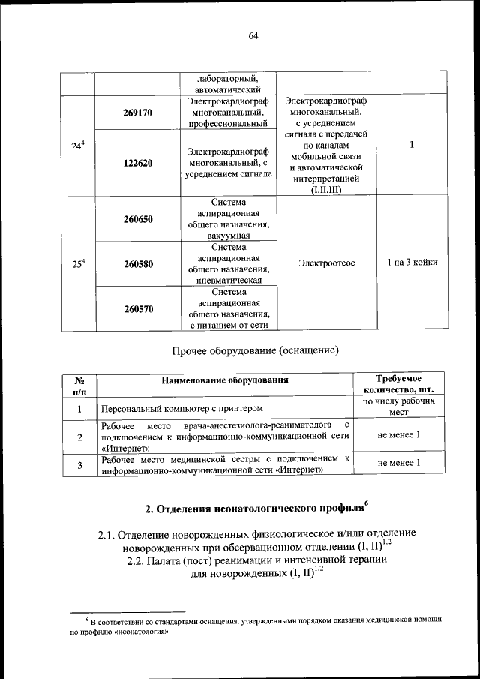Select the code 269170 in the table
(138, 113)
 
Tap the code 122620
(138, 163)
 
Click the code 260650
(138, 219)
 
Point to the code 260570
(138, 308)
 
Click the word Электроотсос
(326, 263)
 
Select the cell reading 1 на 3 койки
(412, 263)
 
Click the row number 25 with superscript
(77, 263)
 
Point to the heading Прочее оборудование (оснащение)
(256, 350)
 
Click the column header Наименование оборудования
(224, 380)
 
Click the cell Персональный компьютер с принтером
(183, 408)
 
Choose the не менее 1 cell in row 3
(399, 464)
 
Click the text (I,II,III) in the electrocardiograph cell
(325, 191)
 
